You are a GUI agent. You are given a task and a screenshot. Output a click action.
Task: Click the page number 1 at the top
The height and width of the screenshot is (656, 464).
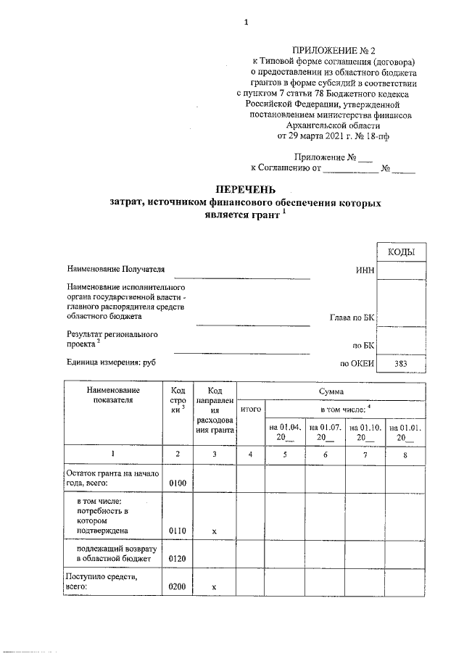point(246,22)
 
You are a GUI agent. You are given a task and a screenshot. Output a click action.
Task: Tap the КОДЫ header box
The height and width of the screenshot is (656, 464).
point(401,252)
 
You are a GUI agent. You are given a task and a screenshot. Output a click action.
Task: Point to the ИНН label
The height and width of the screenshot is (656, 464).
point(365,270)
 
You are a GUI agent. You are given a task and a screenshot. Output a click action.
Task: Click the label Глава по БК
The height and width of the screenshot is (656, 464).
point(352,317)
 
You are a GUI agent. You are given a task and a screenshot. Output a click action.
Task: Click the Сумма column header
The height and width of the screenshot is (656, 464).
point(330,391)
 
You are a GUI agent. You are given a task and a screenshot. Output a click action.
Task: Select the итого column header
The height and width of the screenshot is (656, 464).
point(250,410)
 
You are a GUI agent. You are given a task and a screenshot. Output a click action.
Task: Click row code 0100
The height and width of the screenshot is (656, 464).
point(178,482)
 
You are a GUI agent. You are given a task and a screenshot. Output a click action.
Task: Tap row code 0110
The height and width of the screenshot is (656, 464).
point(178,531)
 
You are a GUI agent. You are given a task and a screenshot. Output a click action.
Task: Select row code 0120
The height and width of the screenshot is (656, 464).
point(178,559)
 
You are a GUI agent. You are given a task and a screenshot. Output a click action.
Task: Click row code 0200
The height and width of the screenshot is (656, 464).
point(178,586)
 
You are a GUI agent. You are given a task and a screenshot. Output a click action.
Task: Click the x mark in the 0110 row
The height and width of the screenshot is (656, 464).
point(214,531)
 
